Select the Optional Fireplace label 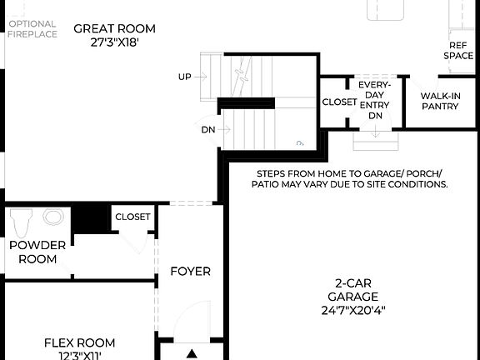(32, 29)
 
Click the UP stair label (184, 77)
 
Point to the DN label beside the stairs (207, 130)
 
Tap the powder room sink (53, 218)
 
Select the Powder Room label (33, 252)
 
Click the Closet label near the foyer (132, 217)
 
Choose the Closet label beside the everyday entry (339, 102)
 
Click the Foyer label (190, 271)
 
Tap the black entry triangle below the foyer (192, 353)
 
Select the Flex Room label (79, 342)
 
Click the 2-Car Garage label (352, 289)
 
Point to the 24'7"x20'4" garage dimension (352, 309)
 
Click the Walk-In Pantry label (440, 101)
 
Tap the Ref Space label (459, 50)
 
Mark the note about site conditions (352, 177)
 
